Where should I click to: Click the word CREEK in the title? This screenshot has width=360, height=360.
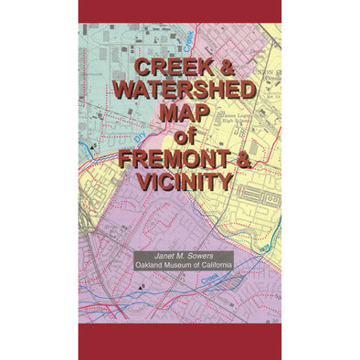click(x=163, y=69)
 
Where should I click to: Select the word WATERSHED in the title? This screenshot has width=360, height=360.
click(x=180, y=90)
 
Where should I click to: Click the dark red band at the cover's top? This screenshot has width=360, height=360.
click(x=180, y=11)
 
